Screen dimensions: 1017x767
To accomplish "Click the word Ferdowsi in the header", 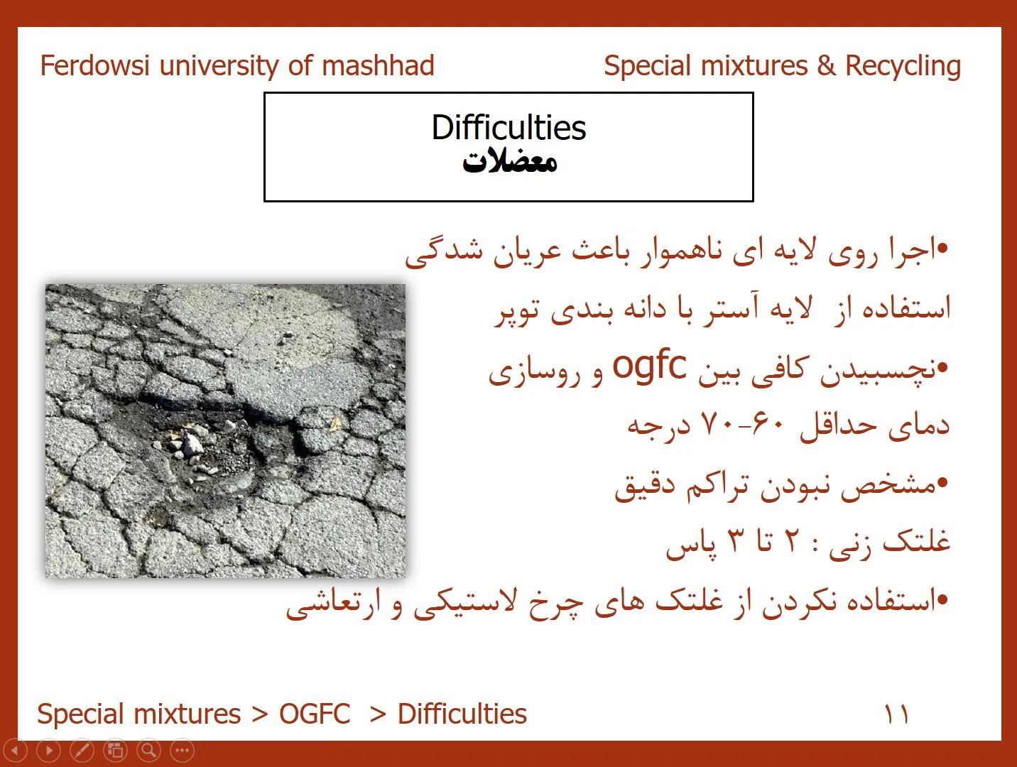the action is coord(94,65).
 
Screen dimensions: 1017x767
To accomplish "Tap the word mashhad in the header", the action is coord(378,65).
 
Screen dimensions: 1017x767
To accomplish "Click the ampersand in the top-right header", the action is coord(827,66).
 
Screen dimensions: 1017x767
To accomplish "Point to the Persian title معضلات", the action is coord(509,162).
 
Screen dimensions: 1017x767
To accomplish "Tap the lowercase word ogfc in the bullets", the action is coord(649,368).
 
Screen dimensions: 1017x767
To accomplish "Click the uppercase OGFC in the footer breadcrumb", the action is coord(314,714).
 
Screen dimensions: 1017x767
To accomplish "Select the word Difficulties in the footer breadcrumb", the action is coord(462,714).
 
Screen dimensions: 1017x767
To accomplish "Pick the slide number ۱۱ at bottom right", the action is coord(896,714).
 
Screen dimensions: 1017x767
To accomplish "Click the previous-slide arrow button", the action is coord(16,751).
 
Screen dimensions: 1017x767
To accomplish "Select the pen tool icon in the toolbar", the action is coord(82,751).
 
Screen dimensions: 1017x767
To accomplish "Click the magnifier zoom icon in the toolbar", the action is coord(148,751).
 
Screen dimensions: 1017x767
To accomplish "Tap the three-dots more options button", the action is coord(182,751).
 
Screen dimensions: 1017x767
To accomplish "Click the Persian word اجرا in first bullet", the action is coord(910,252).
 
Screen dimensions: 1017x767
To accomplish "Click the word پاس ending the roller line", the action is coord(691,544).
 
